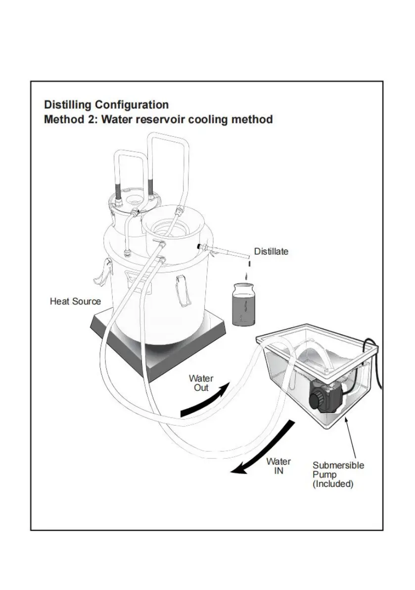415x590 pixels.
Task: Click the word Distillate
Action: coord(271,251)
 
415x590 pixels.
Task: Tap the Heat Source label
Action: coord(76,301)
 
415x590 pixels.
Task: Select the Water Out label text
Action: coord(201,383)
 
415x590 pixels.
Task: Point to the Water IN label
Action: coord(278,466)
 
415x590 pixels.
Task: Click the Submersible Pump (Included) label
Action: coord(338,475)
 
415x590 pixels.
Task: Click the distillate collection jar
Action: coord(244,304)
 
